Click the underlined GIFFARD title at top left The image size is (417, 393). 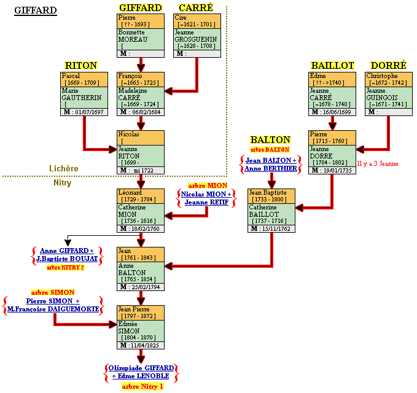(35, 10)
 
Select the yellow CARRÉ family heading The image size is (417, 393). (196, 8)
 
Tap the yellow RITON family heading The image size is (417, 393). (81, 66)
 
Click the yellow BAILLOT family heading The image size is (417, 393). (332, 66)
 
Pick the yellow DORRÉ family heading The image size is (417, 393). (388, 66)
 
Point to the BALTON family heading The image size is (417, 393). (270, 140)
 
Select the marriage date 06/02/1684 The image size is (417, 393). (146, 112)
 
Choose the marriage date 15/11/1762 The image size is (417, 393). (277, 228)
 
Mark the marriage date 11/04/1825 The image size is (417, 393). (145, 345)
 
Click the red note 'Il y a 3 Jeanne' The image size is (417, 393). (378, 163)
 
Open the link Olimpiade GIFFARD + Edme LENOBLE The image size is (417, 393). (141, 372)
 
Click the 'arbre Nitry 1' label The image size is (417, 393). (142, 386)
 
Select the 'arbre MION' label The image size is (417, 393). (208, 185)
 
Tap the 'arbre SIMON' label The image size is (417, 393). (52, 292)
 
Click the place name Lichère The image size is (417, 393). (64, 168)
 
